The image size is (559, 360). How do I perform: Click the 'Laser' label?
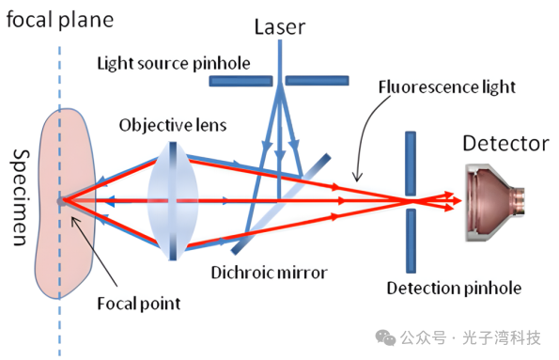coord(280,26)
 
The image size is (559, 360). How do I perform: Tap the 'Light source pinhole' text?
coord(174,64)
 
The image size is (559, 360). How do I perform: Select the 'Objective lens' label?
coord(173,125)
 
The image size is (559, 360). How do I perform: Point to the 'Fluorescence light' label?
coord(447,87)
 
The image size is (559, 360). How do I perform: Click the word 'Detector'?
coord(505,144)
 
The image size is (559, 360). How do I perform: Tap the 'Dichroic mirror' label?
coord(269,273)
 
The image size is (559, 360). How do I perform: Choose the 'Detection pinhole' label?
coord(454,289)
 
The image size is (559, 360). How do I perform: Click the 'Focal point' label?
coord(139,304)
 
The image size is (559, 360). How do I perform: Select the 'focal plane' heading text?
coord(60,20)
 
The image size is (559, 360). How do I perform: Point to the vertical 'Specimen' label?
coord(21,197)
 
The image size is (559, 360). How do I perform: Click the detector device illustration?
coord(495,202)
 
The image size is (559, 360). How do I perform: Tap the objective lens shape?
coord(173,201)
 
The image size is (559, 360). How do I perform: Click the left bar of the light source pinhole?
coord(241,81)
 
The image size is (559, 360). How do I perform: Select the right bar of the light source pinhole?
coord(317,81)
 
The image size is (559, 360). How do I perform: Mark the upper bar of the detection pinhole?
coord(411,164)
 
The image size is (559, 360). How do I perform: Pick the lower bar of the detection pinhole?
coord(411,241)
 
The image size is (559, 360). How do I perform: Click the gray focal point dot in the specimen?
coord(61,201)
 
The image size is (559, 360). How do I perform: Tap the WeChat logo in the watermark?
coord(385,337)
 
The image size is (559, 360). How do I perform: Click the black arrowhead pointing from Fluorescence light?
coord(357,177)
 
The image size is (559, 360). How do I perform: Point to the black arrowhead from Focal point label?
coord(75,222)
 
